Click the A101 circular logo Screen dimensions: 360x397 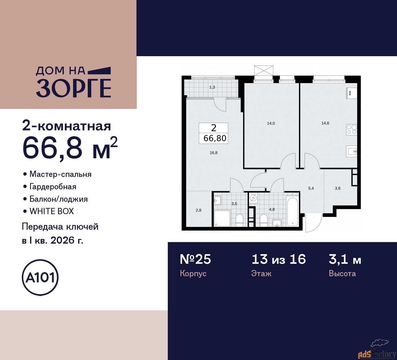click(40, 277)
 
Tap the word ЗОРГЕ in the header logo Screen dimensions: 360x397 click(74, 88)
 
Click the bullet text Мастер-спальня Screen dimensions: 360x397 click(60, 174)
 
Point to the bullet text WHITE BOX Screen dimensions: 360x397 click(51, 211)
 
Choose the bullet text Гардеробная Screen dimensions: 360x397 click(53, 187)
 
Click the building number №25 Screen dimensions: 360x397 click(195, 259)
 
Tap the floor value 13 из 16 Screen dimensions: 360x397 click(279, 259)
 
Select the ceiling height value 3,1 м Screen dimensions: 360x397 click(345, 259)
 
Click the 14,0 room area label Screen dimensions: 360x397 click(271, 123)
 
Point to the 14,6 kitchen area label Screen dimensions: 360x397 click(325, 123)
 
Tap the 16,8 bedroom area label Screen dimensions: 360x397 click(213, 153)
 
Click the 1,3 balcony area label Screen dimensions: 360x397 click(212, 87)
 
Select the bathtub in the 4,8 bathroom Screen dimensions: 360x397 click(292, 212)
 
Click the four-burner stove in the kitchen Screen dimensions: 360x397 click(351, 129)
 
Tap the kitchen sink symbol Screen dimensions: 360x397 click(352, 151)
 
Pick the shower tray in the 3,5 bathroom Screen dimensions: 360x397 click(222, 218)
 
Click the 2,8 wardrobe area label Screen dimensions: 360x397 click(198, 210)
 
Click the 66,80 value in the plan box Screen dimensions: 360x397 click(215, 138)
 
